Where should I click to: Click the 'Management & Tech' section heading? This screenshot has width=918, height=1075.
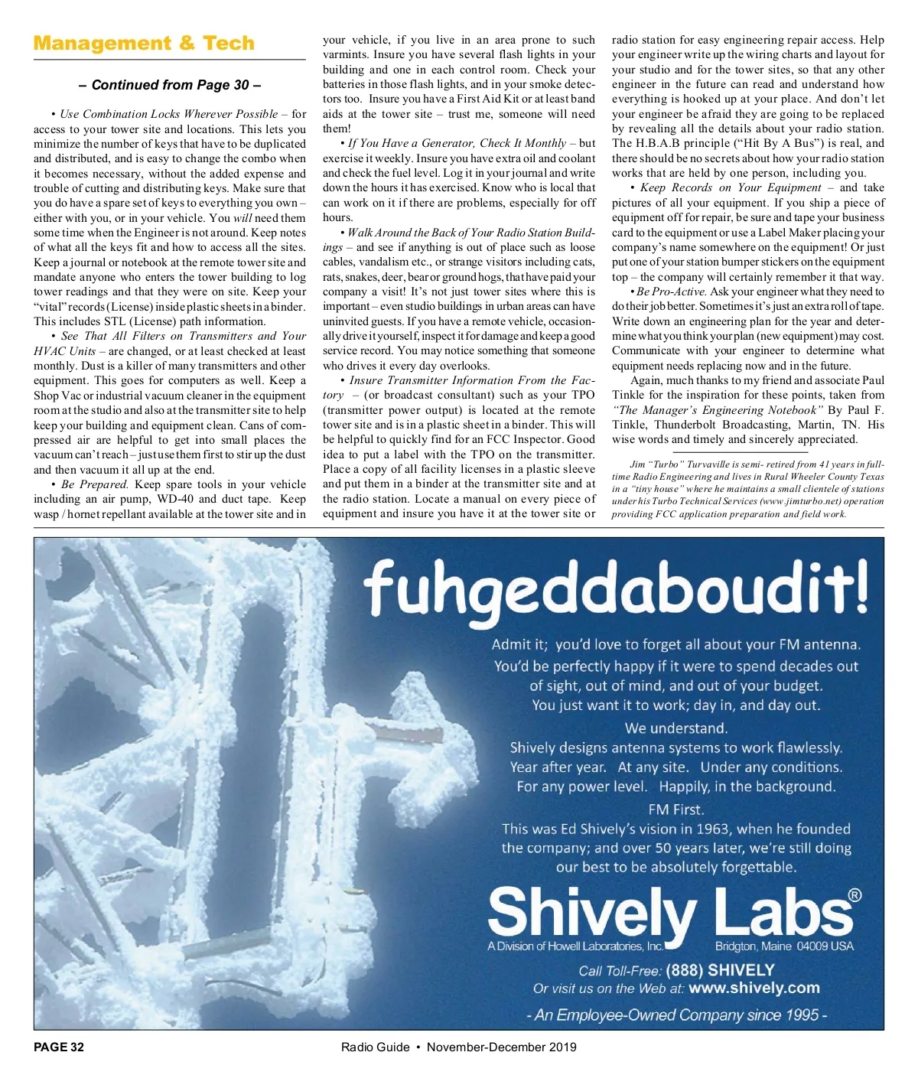pos(144,43)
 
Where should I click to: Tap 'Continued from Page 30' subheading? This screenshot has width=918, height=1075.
pos(169,85)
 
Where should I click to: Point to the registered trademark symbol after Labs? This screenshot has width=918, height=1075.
pos(855,895)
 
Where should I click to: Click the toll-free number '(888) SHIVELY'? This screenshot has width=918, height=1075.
pos(715,970)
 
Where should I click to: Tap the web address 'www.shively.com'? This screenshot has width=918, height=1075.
pos(754,988)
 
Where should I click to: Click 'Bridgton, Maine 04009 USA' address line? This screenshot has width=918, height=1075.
pos(784,946)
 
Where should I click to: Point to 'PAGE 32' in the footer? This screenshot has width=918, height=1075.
pos(59,1047)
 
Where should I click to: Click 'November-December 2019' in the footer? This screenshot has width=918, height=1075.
pos(502,1047)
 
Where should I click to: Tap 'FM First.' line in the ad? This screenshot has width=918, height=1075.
pos(675,810)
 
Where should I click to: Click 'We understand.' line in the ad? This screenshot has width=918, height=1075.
pos(676,728)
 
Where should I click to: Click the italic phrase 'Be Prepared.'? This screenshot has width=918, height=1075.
pos(94,484)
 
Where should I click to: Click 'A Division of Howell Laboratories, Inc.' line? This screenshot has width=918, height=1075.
pos(575,946)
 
